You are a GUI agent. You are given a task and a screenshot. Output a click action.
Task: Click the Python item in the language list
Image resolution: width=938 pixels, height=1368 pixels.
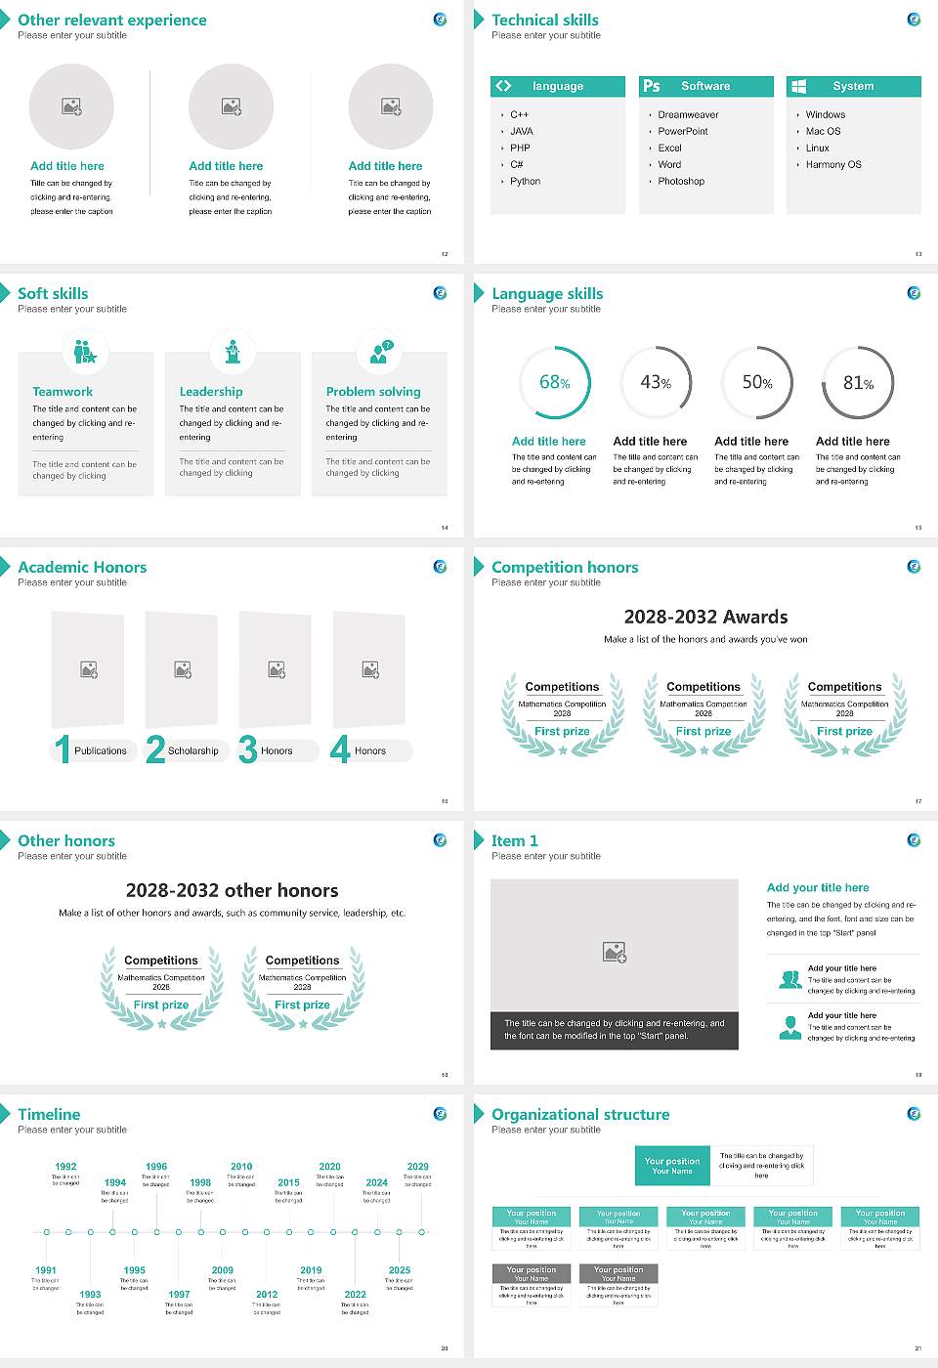point(525,182)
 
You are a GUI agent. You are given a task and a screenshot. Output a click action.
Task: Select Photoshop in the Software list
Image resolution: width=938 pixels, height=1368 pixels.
point(680,182)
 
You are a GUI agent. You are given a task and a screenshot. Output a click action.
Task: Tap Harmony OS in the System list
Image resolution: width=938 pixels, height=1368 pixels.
point(832,165)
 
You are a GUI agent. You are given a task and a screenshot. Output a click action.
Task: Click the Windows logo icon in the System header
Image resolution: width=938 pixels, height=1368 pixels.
point(798,86)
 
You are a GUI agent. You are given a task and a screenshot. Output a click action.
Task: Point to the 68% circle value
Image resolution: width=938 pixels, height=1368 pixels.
point(554,383)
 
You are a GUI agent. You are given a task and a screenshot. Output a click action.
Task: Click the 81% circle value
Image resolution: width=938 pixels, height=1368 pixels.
point(858,383)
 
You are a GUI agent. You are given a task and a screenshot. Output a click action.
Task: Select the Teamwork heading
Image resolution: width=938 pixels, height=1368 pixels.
point(63,392)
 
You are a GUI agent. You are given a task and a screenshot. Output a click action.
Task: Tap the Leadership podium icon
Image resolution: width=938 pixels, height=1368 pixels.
point(233,352)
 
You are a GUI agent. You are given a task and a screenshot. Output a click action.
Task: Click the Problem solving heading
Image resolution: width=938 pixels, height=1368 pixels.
point(373,392)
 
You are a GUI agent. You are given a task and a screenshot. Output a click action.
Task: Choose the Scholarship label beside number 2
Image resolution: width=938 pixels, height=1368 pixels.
point(192,751)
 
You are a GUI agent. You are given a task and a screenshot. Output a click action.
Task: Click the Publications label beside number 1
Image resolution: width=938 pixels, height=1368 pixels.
point(101,751)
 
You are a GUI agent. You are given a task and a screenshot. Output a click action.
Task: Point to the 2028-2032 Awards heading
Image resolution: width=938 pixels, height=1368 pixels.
point(705,618)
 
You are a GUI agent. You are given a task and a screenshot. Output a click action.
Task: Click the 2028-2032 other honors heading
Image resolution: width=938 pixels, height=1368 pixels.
point(232,891)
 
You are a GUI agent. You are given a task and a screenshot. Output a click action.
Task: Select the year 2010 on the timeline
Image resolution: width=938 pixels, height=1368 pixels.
point(241,1167)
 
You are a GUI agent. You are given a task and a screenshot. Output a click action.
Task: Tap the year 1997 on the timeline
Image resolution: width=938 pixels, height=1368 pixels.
point(179,1295)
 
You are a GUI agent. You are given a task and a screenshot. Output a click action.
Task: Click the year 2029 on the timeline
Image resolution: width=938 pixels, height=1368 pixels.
point(417,1167)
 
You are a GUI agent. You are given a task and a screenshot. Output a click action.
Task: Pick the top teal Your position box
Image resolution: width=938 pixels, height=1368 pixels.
point(672,1166)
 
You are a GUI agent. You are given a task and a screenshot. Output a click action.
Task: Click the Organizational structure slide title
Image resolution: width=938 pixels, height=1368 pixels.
point(580,1115)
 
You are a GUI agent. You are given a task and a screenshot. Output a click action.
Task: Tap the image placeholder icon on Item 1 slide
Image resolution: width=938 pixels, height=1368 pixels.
point(615,952)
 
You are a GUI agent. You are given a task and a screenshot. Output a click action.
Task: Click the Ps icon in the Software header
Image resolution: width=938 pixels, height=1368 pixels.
point(652,86)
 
